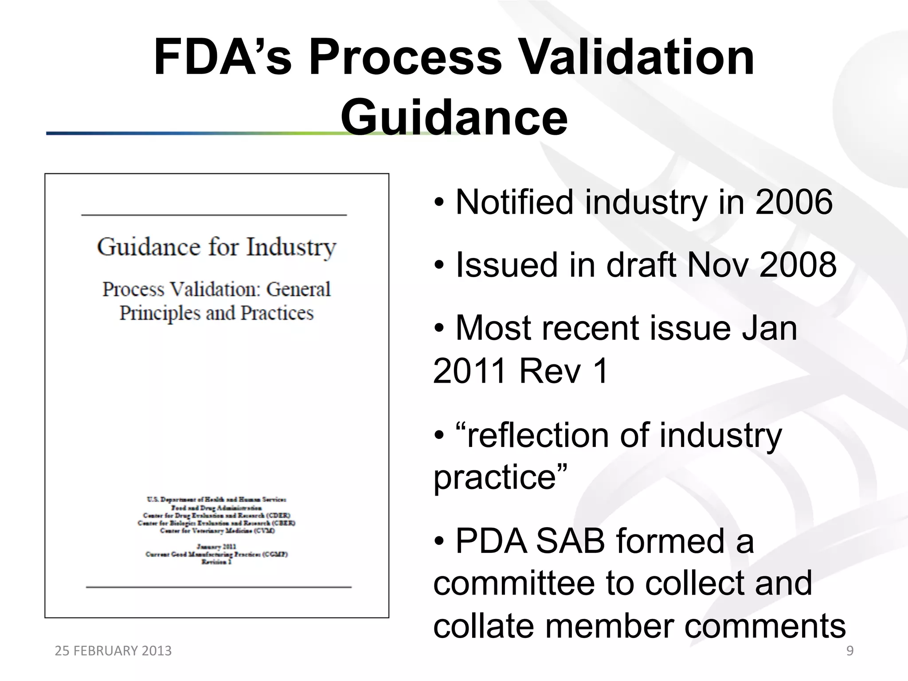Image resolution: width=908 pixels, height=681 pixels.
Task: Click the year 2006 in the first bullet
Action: tap(794, 202)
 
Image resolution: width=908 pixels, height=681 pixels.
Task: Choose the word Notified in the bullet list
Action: tap(514, 202)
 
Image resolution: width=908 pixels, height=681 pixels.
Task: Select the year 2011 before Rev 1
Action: tap(470, 371)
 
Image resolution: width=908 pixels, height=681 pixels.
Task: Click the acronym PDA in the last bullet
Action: tap(492, 541)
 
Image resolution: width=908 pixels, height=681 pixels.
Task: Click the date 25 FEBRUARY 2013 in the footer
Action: tap(113, 651)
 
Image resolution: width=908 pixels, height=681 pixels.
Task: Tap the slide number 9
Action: tap(850, 651)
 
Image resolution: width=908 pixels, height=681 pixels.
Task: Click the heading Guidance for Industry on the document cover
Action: tap(217, 247)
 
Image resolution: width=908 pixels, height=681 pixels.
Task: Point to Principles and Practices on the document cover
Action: tap(217, 313)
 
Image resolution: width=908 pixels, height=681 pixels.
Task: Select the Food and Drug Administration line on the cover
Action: tap(217, 508)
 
